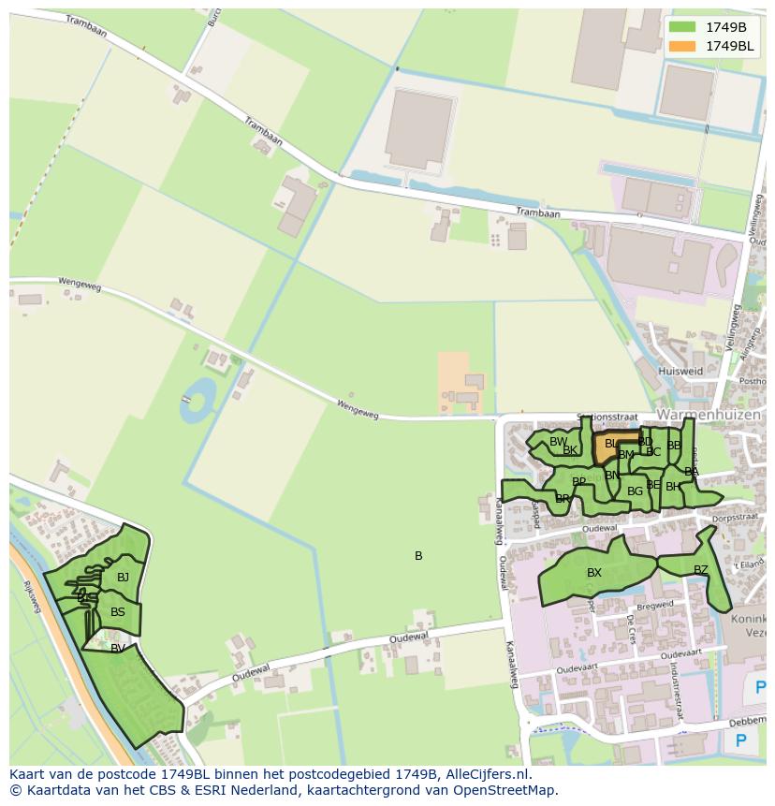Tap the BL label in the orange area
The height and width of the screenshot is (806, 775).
(x=610, y=444)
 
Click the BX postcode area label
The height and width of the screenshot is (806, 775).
(x=594, y=573)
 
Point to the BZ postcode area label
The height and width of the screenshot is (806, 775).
(x=701, y=569)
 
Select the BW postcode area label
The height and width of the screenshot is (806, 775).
(x=558, y=442)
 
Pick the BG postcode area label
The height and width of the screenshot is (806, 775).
(x=635, y=491)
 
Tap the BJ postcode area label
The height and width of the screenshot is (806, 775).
(x=123, y=578)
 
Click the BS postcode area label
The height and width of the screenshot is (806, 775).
(x=118, y=612)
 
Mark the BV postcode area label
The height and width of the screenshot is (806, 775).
(x=118, y=648)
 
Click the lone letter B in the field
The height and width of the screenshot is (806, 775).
(x=418, y=556)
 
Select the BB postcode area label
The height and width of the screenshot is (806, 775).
(x=674, y=446)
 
